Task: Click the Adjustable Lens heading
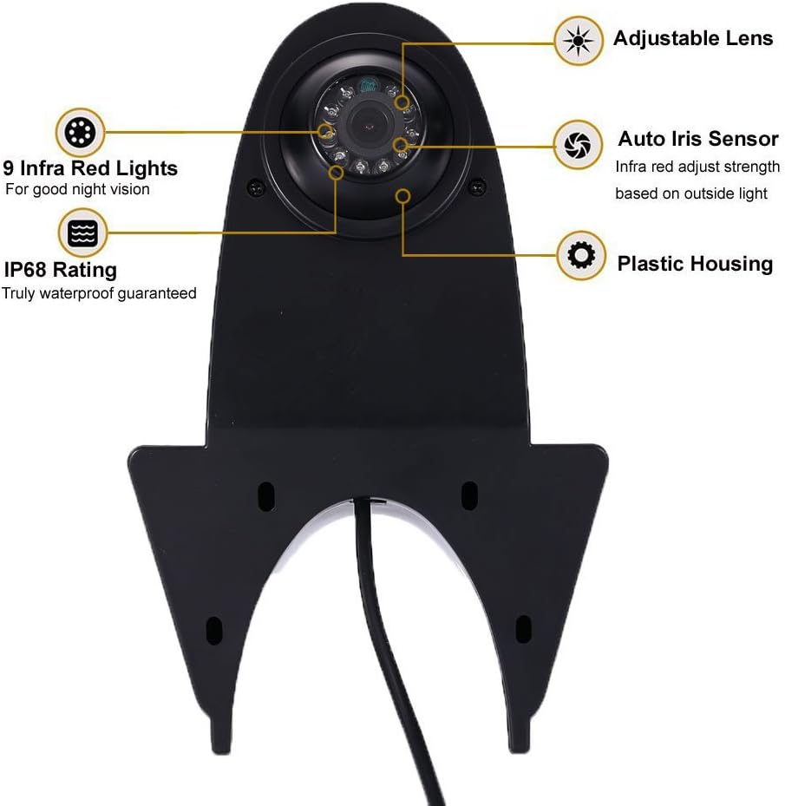point(692,38)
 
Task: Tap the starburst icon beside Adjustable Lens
point(577,40)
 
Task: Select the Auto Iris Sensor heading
point(697,139)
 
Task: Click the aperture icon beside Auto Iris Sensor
point(578,143)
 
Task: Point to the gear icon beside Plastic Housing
point(579,255)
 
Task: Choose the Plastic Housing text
point(694,263)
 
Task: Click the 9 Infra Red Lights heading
point(90,167)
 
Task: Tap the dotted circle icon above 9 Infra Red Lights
point(81,133)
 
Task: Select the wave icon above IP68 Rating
point(81,233)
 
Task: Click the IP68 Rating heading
point(61,271)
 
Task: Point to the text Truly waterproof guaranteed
point(99,293)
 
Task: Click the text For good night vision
point(77,189)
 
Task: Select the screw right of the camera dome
point(475,185)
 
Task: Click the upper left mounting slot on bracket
point(266,495)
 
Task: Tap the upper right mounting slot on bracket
point(468,495)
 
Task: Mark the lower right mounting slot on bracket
point(522,627)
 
